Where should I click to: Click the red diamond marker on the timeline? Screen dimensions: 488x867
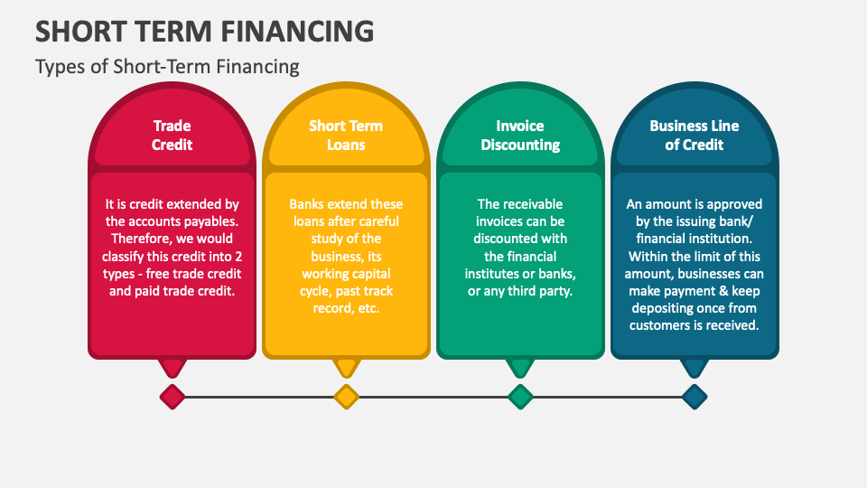[172, 396]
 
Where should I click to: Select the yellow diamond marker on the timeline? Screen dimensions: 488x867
[346, 396]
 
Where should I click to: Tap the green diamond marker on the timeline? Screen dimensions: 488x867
[520, 396]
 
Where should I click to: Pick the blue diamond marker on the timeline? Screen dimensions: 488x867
[694, 396]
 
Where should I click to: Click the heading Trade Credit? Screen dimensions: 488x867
[172, 136]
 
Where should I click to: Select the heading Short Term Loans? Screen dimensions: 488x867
[346, 136]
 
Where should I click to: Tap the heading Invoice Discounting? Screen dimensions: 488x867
[520, 136]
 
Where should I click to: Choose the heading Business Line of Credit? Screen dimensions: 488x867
[694, 136]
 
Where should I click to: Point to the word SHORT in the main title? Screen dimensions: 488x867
[72, 32]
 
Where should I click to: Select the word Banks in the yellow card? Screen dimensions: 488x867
[307, 204]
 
